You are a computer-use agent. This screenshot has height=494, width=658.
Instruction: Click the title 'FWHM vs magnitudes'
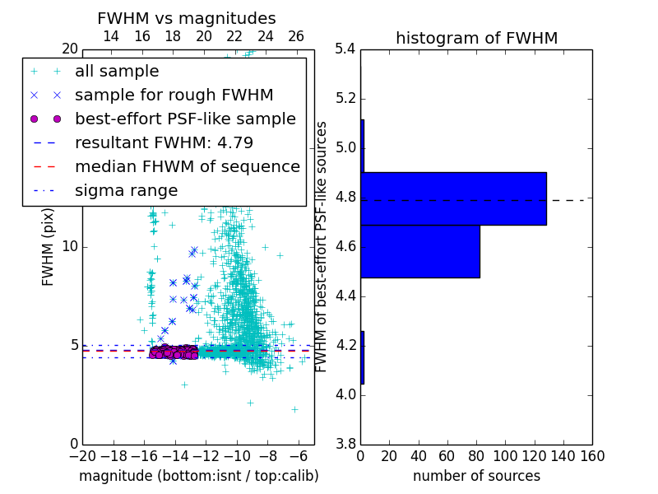[x=187, y=18]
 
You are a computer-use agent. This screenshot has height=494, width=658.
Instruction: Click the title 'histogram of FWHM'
[x=476, y=38]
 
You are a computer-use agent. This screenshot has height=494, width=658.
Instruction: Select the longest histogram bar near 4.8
[x=453, y=198]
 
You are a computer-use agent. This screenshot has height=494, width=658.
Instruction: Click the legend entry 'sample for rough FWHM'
[x=174, y=95]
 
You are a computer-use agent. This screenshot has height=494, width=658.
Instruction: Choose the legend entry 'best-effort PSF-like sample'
[x=185, y=119]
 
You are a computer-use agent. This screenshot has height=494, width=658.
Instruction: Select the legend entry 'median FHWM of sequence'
[x=187, y=166]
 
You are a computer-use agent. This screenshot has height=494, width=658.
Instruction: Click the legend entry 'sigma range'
[x=126, y=190]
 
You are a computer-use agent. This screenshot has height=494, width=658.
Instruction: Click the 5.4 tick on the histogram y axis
[x=345, y=49]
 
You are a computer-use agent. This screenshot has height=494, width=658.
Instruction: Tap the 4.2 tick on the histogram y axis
[x=345, y=345]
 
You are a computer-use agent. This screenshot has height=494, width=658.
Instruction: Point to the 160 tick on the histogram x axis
[x=592, y=456]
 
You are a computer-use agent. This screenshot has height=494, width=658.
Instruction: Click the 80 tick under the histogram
[x=476, y=456]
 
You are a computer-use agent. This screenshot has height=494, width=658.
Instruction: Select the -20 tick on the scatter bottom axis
[x=82, y=456]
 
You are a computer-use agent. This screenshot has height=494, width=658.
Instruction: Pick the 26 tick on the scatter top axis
[x=296, y=36]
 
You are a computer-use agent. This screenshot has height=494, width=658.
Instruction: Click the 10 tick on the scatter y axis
[x=71, y=246]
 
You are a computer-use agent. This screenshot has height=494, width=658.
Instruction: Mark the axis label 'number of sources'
[x=476, y=476]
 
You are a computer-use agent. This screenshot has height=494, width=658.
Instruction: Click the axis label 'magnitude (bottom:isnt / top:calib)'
[x=198, y=476]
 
